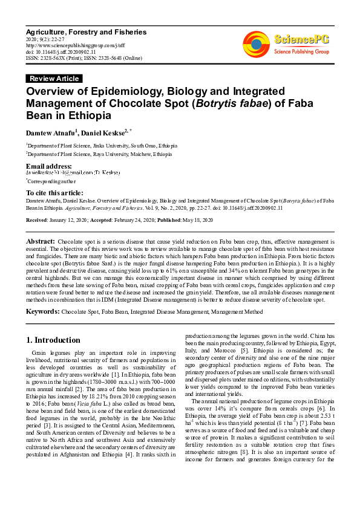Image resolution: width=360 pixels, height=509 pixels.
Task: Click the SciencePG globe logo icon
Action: (x=257, y=43)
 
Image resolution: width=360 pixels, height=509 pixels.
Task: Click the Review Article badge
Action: (x=54, y=79)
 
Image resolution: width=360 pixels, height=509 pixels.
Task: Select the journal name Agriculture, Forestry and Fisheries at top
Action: (x=86, y=31)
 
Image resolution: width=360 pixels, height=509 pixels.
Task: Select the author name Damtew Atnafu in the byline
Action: (x=50, y=133)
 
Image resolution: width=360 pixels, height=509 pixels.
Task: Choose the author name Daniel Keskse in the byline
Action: (x=100, y=133)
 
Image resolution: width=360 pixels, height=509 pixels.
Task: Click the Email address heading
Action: (x=49, y=166)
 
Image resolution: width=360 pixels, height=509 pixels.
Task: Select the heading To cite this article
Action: (x=55, y=192)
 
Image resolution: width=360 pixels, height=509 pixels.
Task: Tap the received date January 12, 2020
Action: (x=68, y=220)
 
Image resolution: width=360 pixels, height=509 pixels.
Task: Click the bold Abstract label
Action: (x=40, y=241)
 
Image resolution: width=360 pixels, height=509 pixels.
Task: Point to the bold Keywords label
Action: (x=42, y=311)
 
